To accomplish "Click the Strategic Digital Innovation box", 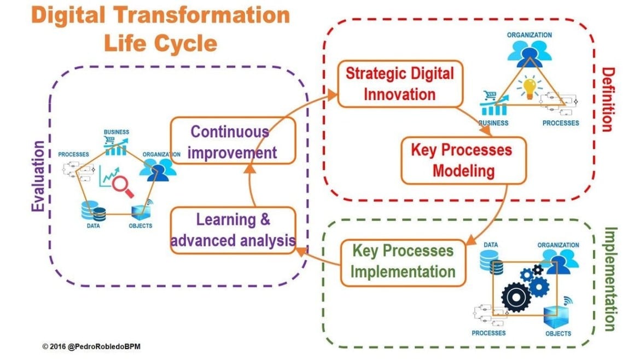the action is [400, 84].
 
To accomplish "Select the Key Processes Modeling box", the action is [463, 160].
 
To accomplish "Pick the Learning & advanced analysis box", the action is [232, 231].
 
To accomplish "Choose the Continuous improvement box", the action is [232, 141].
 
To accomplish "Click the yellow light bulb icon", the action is [530, 88].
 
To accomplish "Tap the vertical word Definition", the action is [608, 100].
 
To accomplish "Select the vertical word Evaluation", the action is [38, 176].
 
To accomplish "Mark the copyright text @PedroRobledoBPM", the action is [104, 346].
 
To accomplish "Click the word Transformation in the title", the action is [202, 15].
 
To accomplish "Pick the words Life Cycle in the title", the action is [160, 43].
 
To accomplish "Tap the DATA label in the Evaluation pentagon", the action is [93, 226].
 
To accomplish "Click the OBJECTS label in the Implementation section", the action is [558, 334].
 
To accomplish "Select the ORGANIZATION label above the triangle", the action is [530, 35].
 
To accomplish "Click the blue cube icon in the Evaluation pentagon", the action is [141, 211].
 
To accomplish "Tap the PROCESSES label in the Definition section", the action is [560, 123].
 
